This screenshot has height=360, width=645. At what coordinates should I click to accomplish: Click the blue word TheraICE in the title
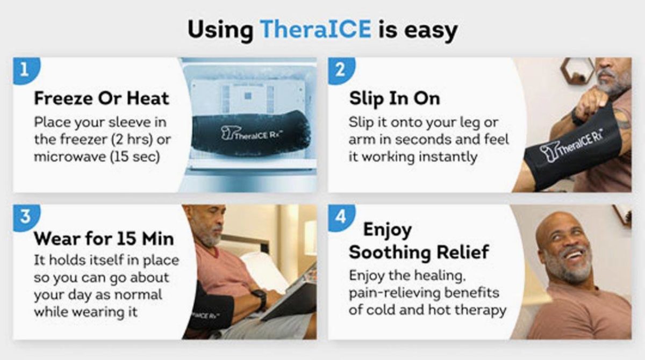pyautogui.click(x=316, y=29)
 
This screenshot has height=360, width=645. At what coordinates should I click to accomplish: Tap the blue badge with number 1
pyautogui.click(x=26, y=70)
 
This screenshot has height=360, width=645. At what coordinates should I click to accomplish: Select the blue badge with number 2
pyautogui.click(x=341, y=70)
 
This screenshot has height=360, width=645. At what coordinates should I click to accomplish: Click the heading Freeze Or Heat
pyautogui.click(x=102, y=98)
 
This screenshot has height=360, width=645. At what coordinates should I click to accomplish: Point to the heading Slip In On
pyautogui.click(x=395, y=99)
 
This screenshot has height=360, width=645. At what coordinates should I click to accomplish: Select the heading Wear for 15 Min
pyautogui.click(x=104, y=239)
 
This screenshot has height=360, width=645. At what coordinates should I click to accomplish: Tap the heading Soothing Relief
pyautogui.click(x=419, y=252)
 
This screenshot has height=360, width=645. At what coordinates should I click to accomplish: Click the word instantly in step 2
pyautogui.click(x=448, y=157)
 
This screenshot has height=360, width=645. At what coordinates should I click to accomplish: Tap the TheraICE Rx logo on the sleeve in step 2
pyautogui.click(x=571, y=145)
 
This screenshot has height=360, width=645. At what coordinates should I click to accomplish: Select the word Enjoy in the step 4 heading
pyautogui.click(x=388, y=231)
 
